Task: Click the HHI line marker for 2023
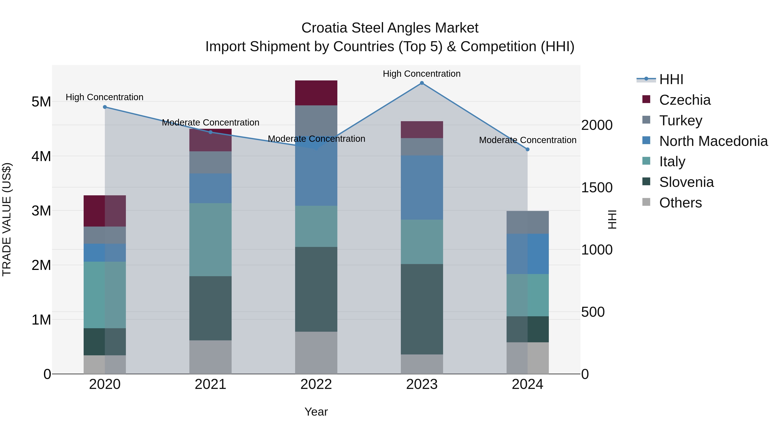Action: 422,83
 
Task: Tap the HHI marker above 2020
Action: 105,107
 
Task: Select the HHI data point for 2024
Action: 527,149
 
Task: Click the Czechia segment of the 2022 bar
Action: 316,93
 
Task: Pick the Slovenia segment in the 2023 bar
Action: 422,309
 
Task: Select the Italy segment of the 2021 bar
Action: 210,239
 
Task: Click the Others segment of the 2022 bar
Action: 316,353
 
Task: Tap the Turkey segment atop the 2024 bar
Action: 527,222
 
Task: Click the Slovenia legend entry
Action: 686,182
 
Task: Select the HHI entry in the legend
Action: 671,79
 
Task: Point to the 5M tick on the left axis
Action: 41,102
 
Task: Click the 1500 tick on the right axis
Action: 596,188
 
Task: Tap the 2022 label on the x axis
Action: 316,384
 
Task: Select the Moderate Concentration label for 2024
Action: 527,140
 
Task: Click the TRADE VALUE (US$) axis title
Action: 7,219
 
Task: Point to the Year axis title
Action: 316,412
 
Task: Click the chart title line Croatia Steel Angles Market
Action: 390,28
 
